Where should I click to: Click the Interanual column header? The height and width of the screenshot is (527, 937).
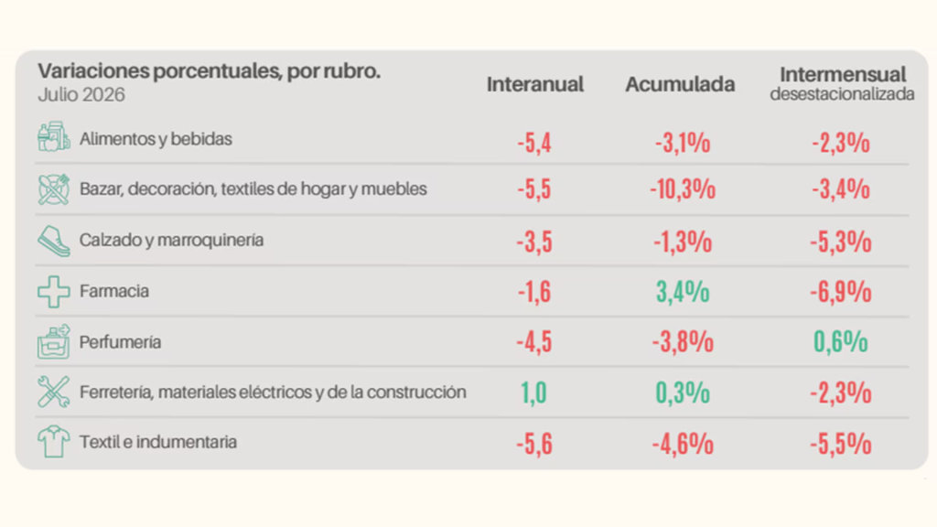(x=534, y=84)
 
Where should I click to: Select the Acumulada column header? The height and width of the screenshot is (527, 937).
(x=680, y=84)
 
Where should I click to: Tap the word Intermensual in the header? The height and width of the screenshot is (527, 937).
(x=843, y=75)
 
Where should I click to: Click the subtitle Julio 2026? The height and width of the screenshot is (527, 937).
(x=81, y=95)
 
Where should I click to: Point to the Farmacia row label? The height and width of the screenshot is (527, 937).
(x=114, y=291)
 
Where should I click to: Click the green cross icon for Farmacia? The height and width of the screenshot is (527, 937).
(x=54, y=292)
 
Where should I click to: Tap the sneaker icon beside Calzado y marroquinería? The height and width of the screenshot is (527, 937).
(x=54, y=241)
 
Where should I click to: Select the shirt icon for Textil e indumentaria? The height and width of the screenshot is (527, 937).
(x=54, y=442)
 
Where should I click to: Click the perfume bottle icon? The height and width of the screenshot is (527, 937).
(x=54, y=342)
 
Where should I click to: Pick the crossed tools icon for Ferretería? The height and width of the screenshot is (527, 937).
(x=54, y=392)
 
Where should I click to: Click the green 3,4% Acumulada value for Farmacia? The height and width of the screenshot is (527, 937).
(x=683, y=292)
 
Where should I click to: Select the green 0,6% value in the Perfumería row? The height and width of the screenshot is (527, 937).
(x=840, y=342)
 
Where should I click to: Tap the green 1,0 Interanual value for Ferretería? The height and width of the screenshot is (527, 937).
(x=533, y=393)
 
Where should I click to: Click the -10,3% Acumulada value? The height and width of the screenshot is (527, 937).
(x=683, y=189)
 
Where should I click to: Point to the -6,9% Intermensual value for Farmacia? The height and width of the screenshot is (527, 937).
(x=840, y=292)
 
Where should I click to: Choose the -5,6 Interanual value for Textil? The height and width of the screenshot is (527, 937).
(x=534, y=445)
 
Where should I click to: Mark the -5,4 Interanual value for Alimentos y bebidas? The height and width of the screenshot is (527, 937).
(x=534, y=144)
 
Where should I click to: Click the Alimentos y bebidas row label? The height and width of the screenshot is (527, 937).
(x=156, y=139)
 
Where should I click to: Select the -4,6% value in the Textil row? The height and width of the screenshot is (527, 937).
(x=683, y=445)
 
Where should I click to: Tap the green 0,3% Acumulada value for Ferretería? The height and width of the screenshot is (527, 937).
(x=683, y=393)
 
